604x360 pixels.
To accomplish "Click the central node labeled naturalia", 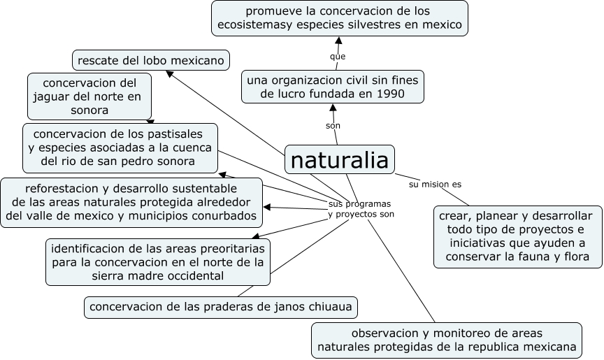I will point(339,160).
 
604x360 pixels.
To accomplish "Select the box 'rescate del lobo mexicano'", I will point(151,61).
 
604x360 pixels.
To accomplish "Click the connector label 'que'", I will point(338,56).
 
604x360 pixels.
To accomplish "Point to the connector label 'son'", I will point(333,125).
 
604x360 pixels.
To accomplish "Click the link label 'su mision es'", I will point(435,185).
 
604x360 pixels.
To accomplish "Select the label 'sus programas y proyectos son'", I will point(360,208).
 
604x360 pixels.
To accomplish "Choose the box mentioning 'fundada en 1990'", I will point(332,87).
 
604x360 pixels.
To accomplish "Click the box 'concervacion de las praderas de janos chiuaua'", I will point(222,307).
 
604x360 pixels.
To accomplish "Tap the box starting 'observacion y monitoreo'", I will point(447,340).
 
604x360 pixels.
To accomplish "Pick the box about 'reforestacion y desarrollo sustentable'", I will point(131,202).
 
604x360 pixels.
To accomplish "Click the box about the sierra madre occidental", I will point(158,262).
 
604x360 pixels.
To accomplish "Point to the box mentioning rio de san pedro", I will point(120,147).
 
